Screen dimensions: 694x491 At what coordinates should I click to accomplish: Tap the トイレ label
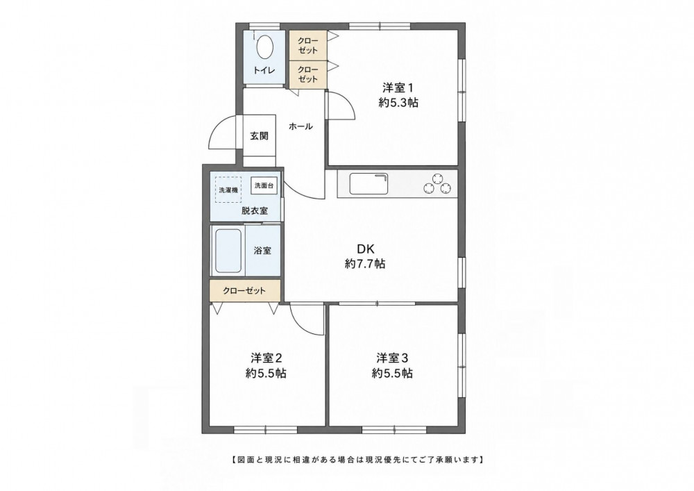click(x=264, y=70)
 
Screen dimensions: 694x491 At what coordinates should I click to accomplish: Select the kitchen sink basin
click(x=369, y=184)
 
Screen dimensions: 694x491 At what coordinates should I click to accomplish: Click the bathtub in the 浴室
click(x=228, y=251)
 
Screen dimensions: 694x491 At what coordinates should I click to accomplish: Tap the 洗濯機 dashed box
click(x=228, y=190)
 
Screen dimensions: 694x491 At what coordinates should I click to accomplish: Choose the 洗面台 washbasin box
click(x=264, y=185)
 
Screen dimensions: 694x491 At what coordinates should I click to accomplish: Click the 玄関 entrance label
click(x=259, y=136)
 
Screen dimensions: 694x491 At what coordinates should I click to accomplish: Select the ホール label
click(x=301, y=126)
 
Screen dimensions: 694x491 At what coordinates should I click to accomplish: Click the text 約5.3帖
click(x=398, y=103)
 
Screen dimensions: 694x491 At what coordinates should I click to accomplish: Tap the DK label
click(x=366, y=248)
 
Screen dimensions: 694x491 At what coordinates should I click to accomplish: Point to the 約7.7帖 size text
click(x=365, y=264)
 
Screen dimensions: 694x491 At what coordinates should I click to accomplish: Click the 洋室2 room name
click(x=266, y=357)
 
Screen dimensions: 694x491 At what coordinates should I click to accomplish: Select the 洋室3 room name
click(x=392, y=357)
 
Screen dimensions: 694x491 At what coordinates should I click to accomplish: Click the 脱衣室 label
click(x=255, y=210)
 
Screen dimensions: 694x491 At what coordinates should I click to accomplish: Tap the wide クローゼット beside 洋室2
click(x=245, y=290)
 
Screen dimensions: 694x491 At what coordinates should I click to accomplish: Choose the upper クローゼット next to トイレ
click(x=308, y=44)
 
